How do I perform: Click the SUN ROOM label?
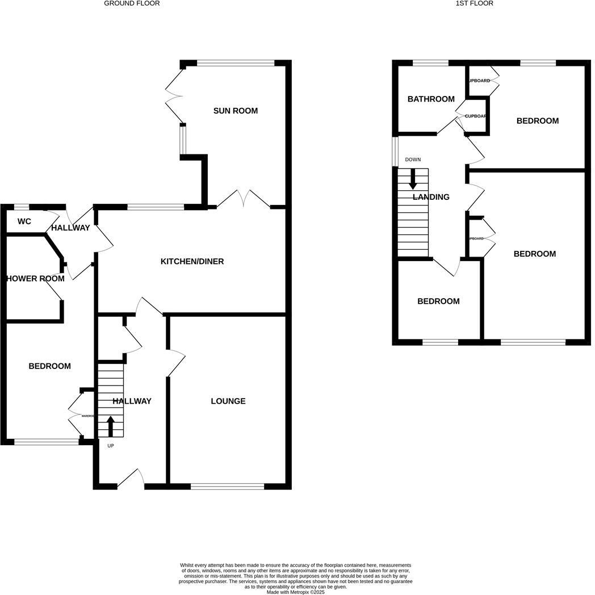[235, 111]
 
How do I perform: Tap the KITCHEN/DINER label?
[192, 262]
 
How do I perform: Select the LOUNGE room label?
[228, 401]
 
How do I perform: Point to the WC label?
[24, 221]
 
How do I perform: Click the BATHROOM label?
[431, 99]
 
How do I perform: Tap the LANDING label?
[431, 197]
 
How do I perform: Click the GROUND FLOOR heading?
[132, 3]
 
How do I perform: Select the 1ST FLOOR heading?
[474, 3]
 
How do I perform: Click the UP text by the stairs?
[111, 446]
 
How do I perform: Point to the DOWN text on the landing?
[413, 160]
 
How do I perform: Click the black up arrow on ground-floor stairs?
[111, 426]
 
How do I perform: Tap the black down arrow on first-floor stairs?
[413, 179]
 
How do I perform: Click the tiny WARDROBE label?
[87, 416]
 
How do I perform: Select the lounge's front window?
[227, 486]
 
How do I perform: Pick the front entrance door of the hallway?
[131, 480]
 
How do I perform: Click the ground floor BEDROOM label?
[50, 366]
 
